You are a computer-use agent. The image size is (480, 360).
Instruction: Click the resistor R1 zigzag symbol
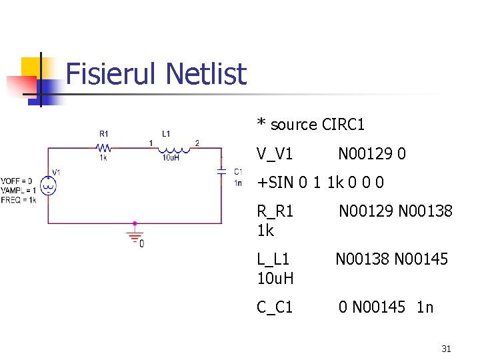coord(104,148)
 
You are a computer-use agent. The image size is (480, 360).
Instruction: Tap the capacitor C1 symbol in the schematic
coord(221,171)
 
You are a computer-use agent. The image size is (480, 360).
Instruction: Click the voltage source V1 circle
coord(48,186)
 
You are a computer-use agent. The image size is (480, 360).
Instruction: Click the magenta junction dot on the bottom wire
coord(135,223)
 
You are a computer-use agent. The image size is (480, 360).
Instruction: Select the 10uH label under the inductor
coord(171,157)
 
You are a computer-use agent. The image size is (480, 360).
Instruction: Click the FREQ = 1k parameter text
coord(19,199)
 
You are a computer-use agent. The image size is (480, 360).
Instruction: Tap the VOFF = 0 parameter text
coord(17,181)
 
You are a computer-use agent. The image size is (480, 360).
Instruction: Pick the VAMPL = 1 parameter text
coord(19,190)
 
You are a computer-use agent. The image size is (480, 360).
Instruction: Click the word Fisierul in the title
coord(111,74)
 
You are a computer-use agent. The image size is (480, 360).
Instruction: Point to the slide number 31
coord(447,348)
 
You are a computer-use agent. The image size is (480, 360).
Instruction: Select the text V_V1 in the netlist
coord(275,154)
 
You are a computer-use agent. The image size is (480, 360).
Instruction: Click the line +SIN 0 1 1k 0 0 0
coord(321,183)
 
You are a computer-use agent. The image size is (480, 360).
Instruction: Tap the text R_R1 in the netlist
coord(275,211)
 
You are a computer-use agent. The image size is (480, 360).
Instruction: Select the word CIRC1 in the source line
coord(343,125)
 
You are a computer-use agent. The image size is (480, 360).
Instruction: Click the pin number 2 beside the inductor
coord(197,143)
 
